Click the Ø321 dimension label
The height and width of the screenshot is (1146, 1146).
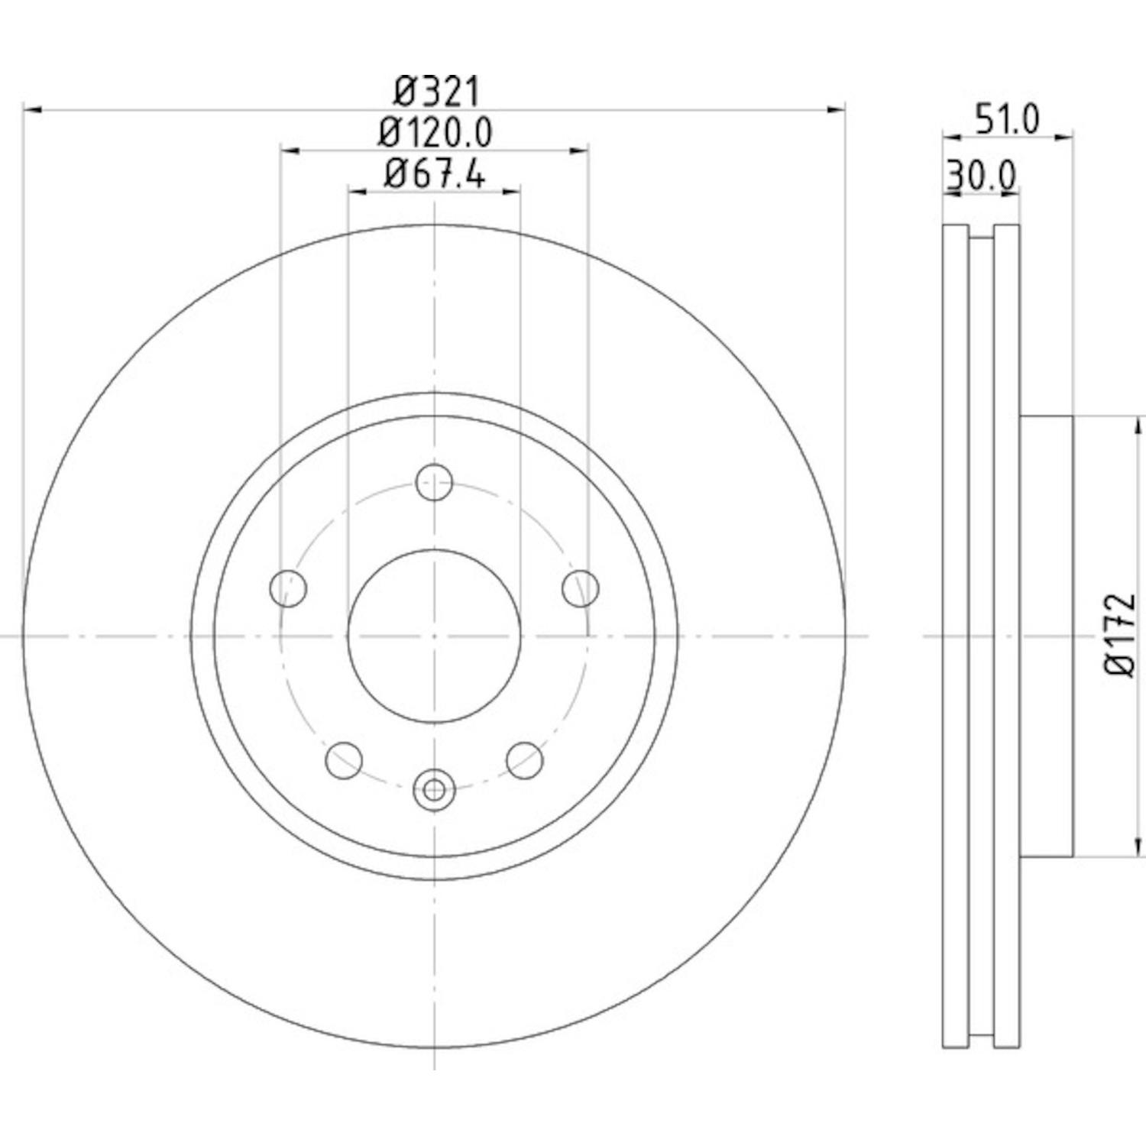[437, 92]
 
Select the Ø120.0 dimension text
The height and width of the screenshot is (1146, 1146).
[435, 134]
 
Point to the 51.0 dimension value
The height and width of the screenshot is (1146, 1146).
[1008, 120]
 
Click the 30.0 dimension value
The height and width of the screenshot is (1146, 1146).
[982, 176]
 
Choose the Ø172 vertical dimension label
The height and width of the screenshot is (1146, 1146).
[1119, 635]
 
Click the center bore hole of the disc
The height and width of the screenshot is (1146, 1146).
[434, 635]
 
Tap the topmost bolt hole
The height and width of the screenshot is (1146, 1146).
[434, 482]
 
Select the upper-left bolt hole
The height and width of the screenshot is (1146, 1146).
[289, 588]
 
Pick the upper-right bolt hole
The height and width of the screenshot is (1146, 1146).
[581, 588]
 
